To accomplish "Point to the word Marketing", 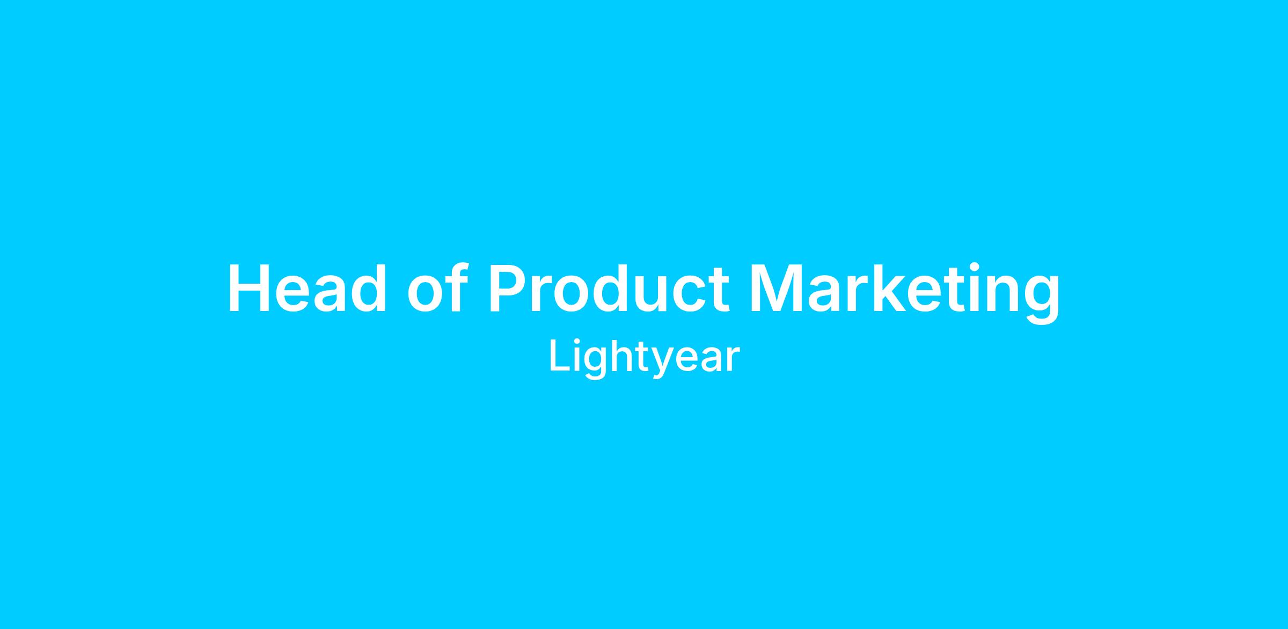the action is pyautogui.click(x=905, y=293).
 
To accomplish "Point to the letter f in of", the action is pyautogui.click(x=452, y=287).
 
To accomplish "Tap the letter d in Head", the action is pyautogui.click(x=368, y=288).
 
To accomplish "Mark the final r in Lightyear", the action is pyautogui.click(x=733, y=360).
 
